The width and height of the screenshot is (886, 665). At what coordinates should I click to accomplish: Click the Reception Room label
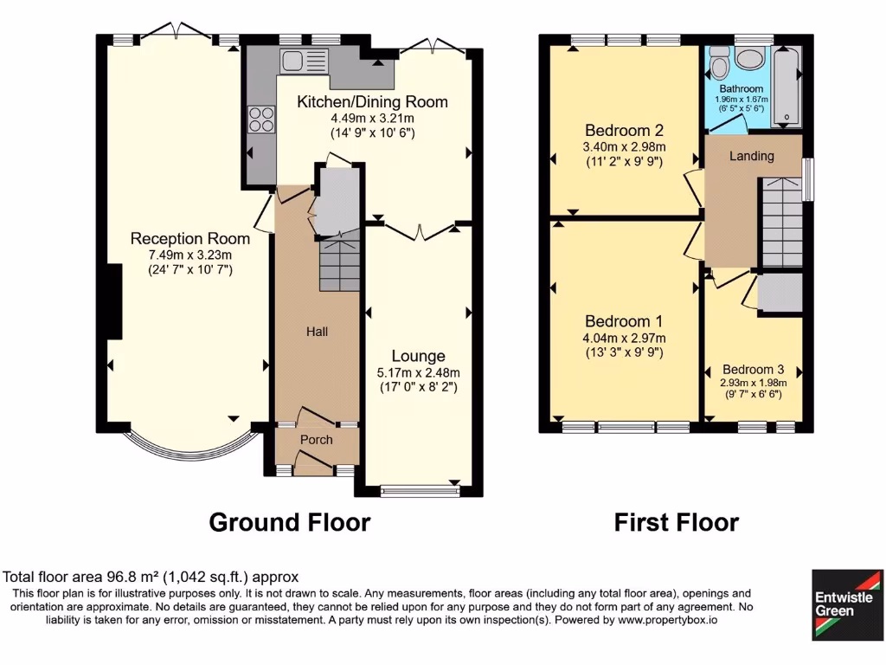pyautogui.click(x=189, y=238)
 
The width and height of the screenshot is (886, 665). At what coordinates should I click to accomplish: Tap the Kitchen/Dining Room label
pyautogui.click(x=372, y=101)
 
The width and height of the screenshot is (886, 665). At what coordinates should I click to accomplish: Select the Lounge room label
pyautogui.click(x=418, y=356)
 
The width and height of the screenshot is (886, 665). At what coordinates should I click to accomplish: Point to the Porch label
pyautogui.click(x=316, y=439)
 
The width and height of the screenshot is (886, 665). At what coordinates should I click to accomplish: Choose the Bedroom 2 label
pyautogui.click(x=624, y=130)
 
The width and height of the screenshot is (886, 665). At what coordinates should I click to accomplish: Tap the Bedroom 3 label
pyautogui.click(x=752, y=368)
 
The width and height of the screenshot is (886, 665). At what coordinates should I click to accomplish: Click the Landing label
pyautogui.click(x=751, y=156)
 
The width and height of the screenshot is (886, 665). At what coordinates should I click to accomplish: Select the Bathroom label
pyautogui.click(x=742, y=89)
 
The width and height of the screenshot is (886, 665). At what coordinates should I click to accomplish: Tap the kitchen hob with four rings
pyautogui.click(x=260, y=118)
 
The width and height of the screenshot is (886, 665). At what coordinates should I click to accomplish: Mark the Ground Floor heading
pyautogui.click(x=290, y=522)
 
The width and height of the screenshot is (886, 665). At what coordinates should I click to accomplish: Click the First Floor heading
pyautogui.click(x=676, y=522)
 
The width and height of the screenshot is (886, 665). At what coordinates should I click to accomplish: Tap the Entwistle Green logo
pyautogui.click(x=847, y=604)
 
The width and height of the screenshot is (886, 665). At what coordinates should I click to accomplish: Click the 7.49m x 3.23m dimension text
pyautogui.click(x=189, y=255)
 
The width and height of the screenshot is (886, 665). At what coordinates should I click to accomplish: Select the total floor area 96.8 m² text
pyautogui.click(x=151, y=577)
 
